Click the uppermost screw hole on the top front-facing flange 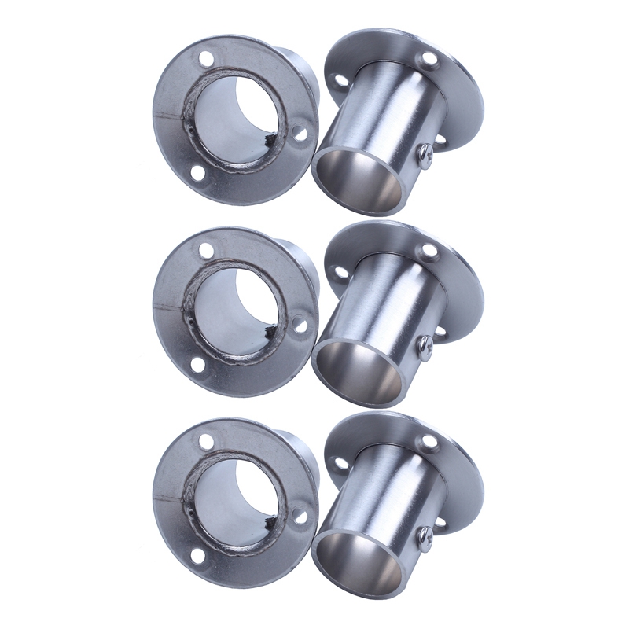(x=206, y=58)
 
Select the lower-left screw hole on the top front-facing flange (x=197, y=173)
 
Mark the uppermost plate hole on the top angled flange (x=429, y=59)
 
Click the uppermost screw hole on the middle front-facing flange (x=206, y=250)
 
